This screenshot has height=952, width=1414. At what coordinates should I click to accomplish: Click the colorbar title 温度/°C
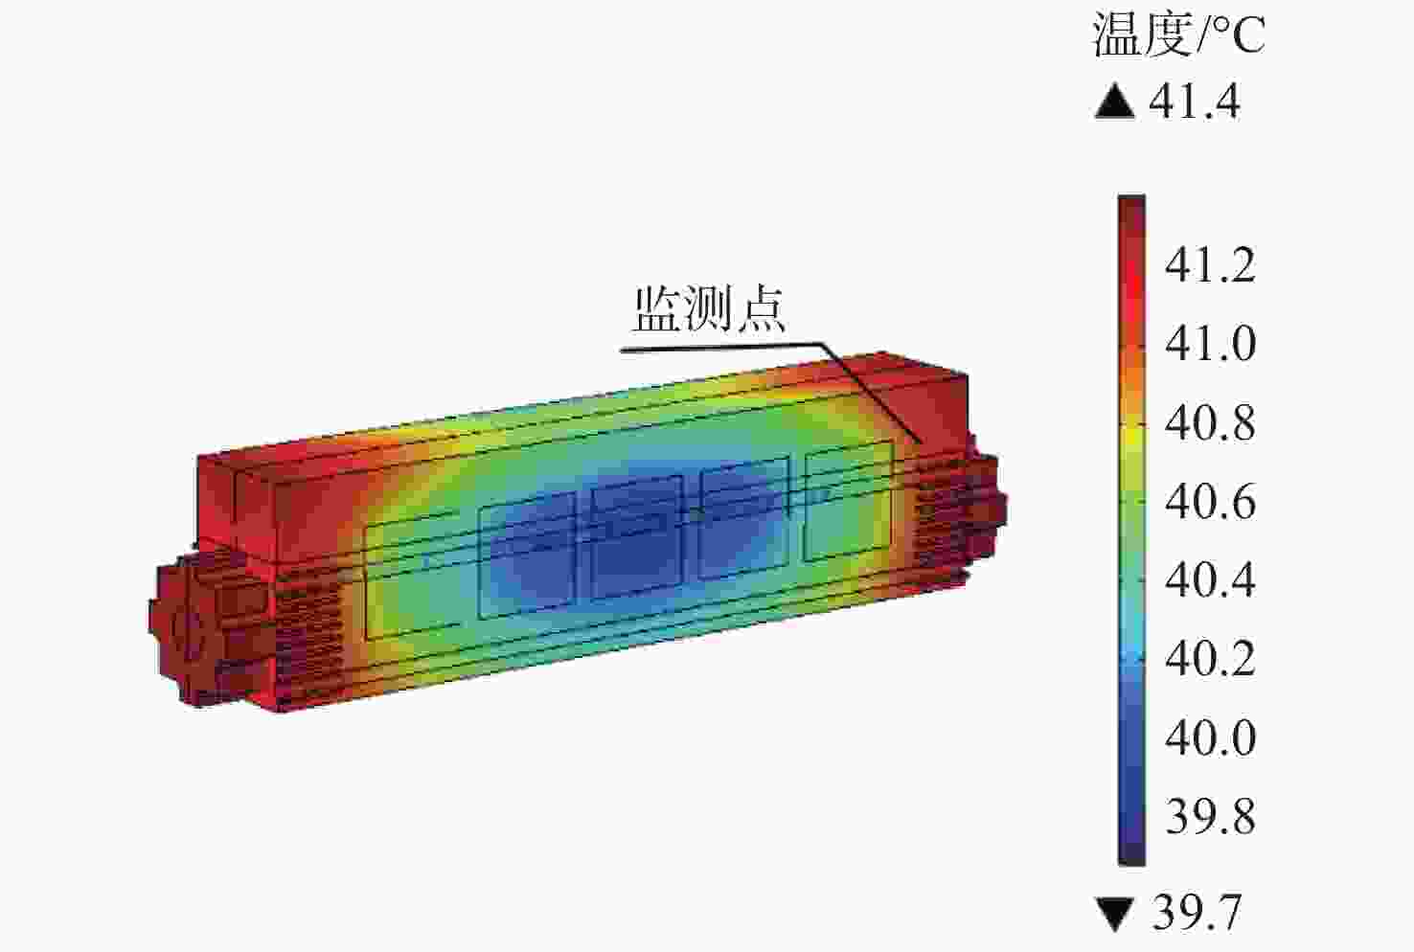[1178, 35]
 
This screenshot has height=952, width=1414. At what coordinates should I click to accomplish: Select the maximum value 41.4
[1195, 102]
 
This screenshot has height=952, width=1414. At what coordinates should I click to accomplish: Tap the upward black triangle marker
[1115, 102]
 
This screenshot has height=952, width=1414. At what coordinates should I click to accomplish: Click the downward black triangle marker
[1116, 914]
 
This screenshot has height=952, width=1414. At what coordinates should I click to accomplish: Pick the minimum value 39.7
[1197, 913]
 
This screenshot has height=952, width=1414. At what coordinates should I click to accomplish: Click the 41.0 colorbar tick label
[1210, 344]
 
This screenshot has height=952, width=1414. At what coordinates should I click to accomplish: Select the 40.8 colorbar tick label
[1210, 422]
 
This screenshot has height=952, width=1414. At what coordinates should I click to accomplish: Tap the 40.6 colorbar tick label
[1210, 502]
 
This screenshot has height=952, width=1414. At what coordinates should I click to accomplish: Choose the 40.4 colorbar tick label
[1210, 579]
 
